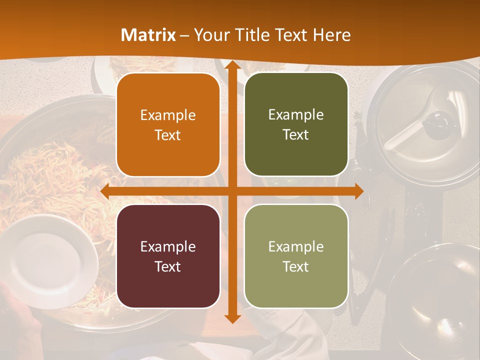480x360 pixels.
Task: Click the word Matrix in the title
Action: (148, 35)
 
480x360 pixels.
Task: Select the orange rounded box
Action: (168, 125)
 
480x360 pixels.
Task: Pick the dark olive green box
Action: (296, 125)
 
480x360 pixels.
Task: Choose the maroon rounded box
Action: (168, 256)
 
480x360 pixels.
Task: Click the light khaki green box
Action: (296, 256)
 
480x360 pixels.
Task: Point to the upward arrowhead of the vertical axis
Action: (231, 65)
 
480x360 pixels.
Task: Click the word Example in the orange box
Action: (168, 115)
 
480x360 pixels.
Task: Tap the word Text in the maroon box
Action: (168, 266)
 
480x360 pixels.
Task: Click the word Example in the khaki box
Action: (296, 246)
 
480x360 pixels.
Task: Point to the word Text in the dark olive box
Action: (296, 135)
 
